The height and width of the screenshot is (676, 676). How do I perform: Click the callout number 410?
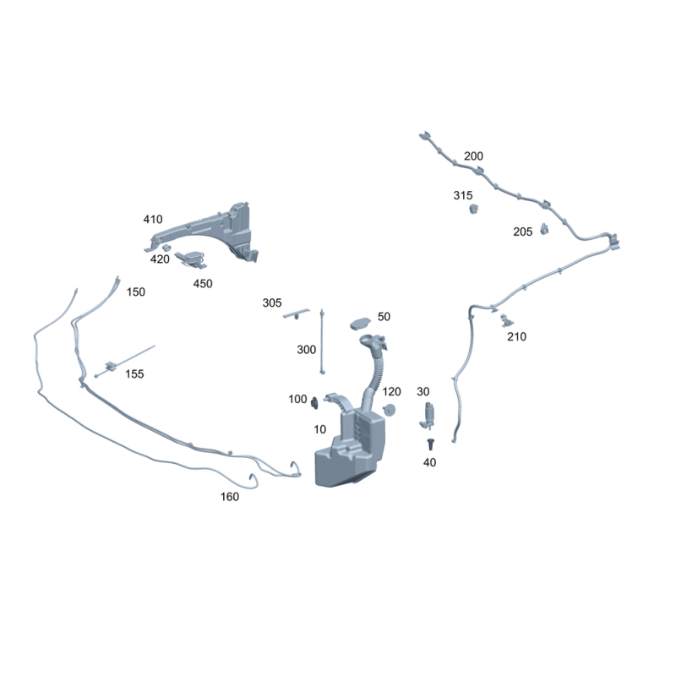pos(153,220)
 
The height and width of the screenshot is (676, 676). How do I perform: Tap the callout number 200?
pos(473,156)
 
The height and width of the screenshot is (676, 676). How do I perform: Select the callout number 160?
pos(229,497)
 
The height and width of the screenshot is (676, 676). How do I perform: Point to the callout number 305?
pos(272,303)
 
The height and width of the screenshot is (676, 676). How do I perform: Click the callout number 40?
pos(429,462)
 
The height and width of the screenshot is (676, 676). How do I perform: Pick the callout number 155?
pos(134,373)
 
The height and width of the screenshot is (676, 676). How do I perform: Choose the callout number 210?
pos(516,336)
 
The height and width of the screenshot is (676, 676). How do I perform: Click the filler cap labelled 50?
pos(360,324)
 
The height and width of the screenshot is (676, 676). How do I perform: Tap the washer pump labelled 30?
pos(428,416)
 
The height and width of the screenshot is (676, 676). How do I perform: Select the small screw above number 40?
pos(430,444)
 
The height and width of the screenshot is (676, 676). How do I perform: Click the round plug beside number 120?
pos(390,410)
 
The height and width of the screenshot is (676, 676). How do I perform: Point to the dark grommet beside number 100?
pos(314,403)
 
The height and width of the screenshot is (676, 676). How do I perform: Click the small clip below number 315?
pos(474,209)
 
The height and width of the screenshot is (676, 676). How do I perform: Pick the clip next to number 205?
pos(544,229)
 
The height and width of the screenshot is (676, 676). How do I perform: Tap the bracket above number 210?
pos(506,320)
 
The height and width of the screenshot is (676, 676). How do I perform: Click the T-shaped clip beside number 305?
pos(297,313)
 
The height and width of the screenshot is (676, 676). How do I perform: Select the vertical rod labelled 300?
pos(322,341)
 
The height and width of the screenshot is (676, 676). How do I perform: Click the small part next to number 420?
pos(166,248)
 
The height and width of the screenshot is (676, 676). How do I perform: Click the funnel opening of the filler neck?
pos(368,340)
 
